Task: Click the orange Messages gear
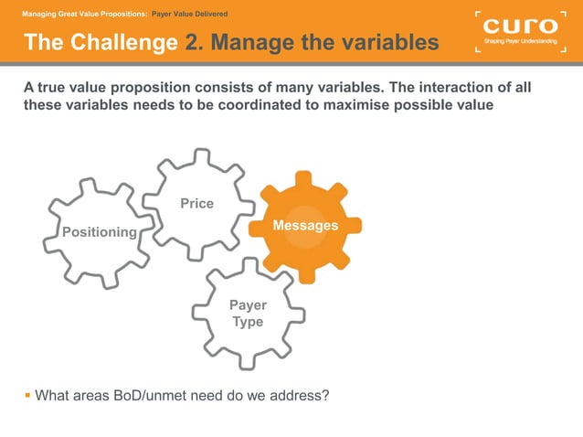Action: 305,226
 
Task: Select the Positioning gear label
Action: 99,232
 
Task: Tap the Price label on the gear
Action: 196,203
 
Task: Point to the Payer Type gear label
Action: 247,314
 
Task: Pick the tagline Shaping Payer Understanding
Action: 519,42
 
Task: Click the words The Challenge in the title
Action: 101,42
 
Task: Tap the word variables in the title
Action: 380,42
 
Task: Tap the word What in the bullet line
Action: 54,396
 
